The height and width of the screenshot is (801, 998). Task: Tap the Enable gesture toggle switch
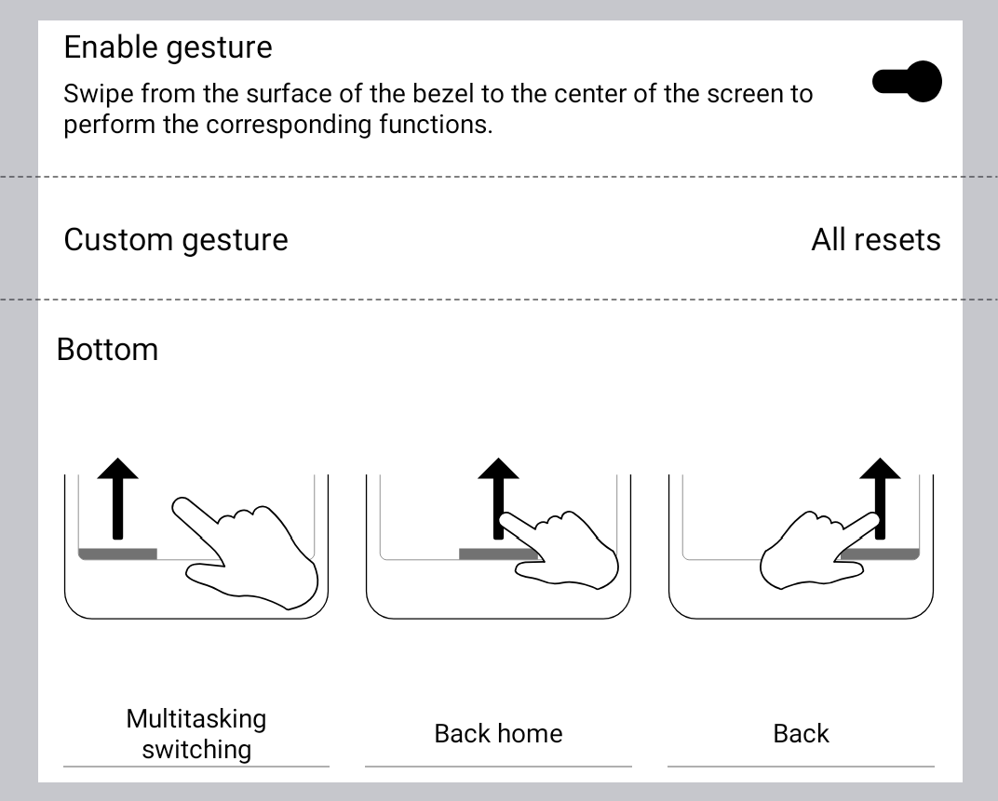coord(907,82)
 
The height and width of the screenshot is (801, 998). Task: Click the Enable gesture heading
coord(168,47)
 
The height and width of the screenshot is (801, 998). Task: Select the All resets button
coord(875,240)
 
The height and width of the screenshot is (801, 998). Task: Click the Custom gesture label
coord(176,240)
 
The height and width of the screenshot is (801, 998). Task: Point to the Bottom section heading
coord(107,350)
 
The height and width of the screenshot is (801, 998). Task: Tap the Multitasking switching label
coord(196,733)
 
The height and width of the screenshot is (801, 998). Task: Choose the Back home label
coord(498,733)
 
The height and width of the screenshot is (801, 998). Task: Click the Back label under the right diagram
coord(801,733)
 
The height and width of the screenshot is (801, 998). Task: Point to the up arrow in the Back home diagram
coord(498,493)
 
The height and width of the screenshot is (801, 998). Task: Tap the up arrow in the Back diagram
coord(880,493)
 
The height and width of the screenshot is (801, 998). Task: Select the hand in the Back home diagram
coord(563,549)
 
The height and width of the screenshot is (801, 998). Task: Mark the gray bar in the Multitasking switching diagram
coord(117,554)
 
